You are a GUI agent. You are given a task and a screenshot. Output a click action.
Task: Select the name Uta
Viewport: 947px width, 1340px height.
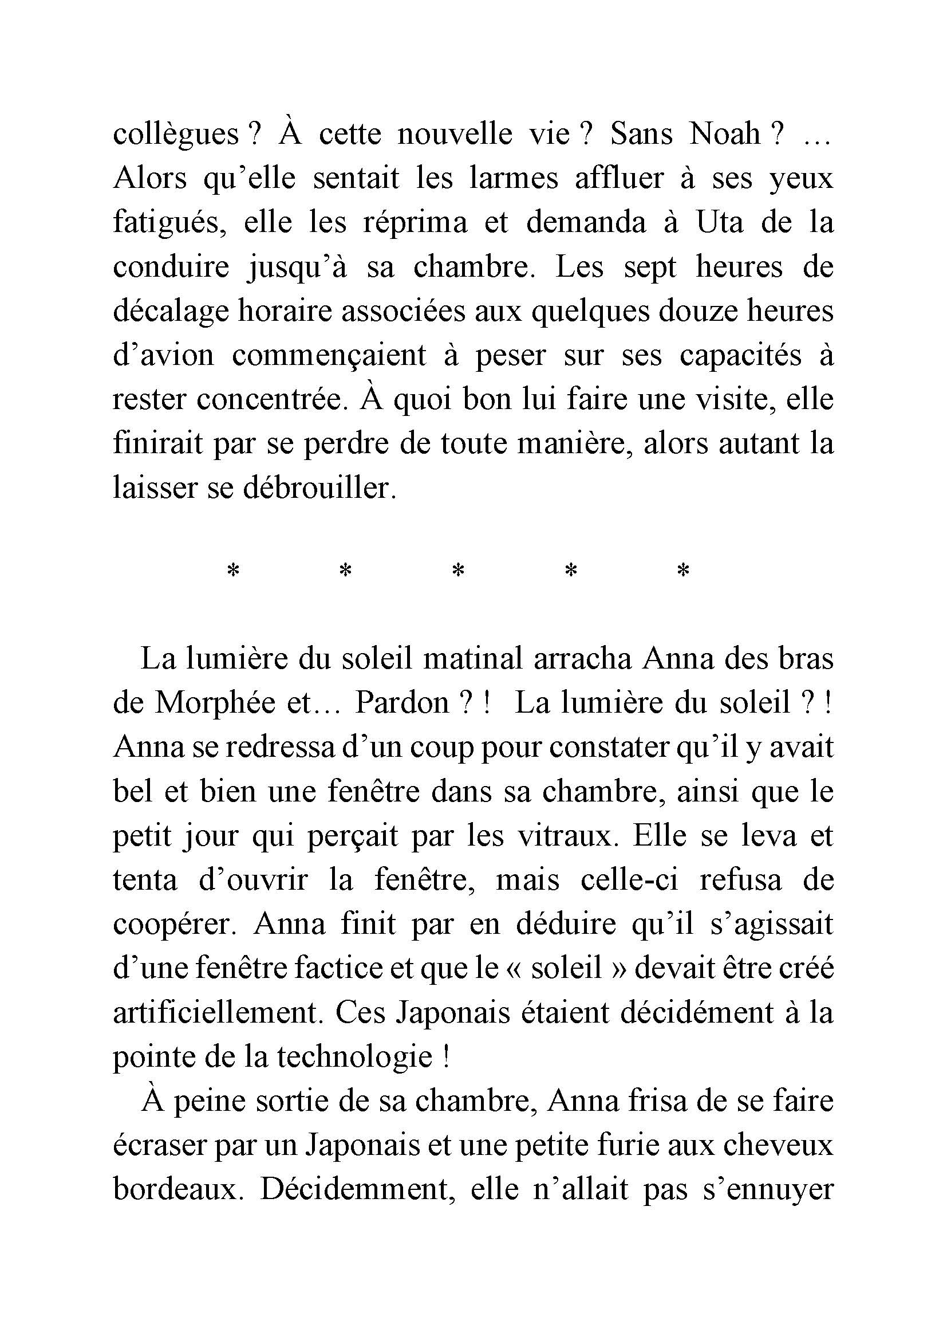click(x=720, y=223)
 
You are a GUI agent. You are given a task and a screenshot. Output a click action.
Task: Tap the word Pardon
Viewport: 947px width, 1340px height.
click(x=402, y=704)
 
